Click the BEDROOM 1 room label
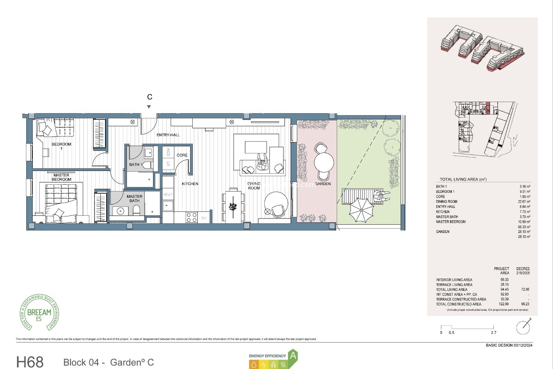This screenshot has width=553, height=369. pos(61,146)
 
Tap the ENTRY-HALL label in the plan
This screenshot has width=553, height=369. pos(168,135)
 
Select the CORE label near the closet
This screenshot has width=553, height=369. pos(182,155)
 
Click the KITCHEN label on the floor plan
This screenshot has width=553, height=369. pos(190,184)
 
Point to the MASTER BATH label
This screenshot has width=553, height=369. pos(134,199)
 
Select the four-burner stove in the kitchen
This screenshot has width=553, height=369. pos(191,217)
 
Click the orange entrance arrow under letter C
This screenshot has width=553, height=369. pos(149,107)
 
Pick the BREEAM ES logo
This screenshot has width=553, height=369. pos(39,313)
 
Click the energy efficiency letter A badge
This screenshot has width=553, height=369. pos(293,356)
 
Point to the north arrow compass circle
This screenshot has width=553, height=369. pos(523,327)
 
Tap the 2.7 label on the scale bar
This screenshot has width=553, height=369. pos(493,332)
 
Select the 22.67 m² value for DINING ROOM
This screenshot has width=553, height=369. pos(524,202)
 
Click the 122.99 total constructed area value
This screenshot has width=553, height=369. pos(504,304)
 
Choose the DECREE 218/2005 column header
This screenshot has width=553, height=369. pos(523,271)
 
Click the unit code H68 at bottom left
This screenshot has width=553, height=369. pos(30,362)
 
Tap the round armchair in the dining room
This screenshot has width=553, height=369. pos(276,204)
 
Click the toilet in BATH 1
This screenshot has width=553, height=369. pos(147,165)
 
